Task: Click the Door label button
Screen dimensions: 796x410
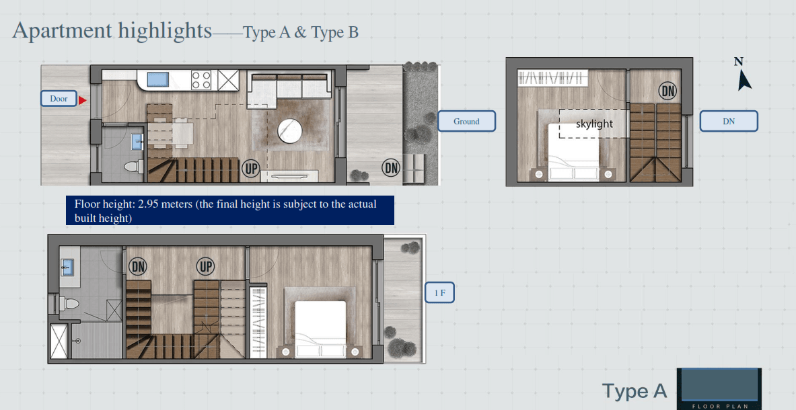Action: [59, 99]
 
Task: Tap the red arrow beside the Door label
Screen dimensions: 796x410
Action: [82, 100]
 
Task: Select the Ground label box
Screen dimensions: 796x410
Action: [466, 121]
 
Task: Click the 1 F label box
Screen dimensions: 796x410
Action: [439, 292]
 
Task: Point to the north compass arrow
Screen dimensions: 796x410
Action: [744, 79]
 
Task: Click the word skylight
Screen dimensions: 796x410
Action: [594, 124]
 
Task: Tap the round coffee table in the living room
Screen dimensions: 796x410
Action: [290, 131]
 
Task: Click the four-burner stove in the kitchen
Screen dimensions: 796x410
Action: [201, 80]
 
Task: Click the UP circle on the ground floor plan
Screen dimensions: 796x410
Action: [250, 169]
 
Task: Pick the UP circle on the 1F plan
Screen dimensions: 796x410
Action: [205, 266]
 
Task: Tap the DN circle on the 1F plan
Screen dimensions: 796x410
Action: [137, 266]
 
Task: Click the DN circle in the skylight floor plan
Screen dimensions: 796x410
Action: [668, 91]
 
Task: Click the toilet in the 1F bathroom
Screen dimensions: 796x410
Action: [70, 304]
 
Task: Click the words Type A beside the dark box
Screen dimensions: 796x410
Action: [635, 391]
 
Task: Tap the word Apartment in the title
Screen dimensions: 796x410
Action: [62, 31]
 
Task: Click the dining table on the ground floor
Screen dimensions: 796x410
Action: [170, 133]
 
